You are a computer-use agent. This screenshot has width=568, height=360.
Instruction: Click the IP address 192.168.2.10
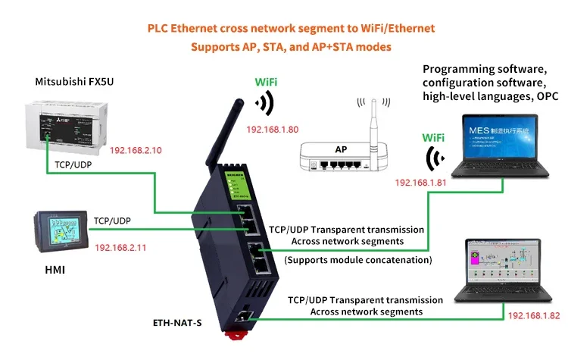136,150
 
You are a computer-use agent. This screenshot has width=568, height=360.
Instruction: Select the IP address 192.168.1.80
273,130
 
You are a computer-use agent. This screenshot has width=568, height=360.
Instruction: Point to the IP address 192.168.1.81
421,183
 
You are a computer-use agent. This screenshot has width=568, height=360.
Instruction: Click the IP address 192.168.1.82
533,315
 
